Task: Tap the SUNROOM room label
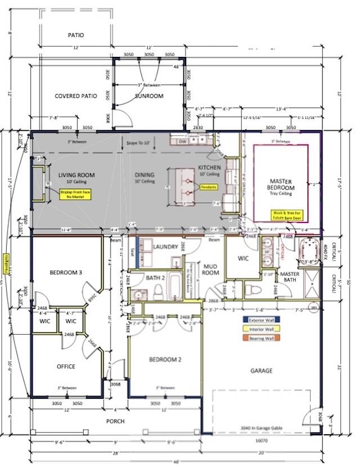pos(149,96)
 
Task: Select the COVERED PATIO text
pos(76,96)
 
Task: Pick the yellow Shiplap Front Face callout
pos(75,195)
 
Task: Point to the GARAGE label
pos(262,371)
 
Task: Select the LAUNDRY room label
pos(165,247)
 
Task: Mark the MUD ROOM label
pos(211,269)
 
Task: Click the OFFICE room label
pos(66,367)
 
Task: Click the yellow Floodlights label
pos(6,264)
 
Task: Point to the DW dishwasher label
pos(183,142)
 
